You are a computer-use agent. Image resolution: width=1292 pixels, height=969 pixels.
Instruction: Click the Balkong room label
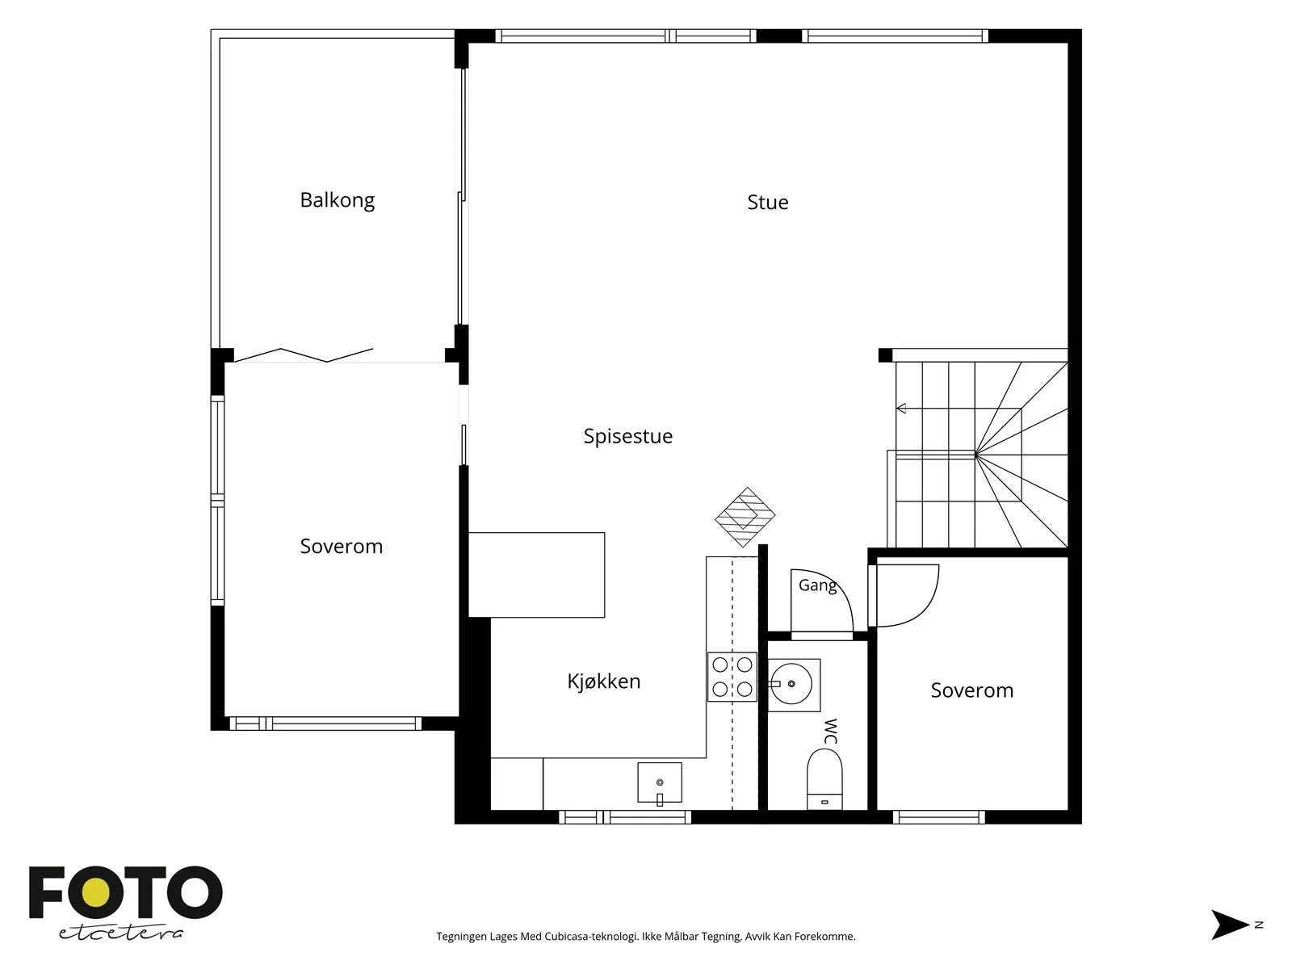point(338,200)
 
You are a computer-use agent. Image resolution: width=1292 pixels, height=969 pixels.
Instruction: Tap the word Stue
point(768,203)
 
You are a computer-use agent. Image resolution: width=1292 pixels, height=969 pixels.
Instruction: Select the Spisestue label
point(628,436)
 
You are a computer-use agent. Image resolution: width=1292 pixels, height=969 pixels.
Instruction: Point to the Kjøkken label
point(603,682)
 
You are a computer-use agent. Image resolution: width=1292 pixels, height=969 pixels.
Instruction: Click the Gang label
point(817,585)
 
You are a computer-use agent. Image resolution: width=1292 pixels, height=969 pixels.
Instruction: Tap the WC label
point(831,731)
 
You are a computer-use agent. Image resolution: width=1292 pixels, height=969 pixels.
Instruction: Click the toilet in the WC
point(824,779)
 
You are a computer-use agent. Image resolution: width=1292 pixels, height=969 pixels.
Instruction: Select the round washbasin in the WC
point(791,684)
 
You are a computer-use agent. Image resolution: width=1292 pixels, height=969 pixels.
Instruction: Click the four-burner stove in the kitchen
point(732,677)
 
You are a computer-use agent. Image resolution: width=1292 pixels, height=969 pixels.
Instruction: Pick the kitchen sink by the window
point(660,782)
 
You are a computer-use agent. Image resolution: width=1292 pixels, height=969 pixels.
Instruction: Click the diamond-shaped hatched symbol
point(745,517)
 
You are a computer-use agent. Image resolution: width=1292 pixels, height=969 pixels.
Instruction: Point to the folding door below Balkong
point(304,354)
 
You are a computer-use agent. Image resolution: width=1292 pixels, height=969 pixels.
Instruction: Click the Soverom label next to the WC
point(971,690)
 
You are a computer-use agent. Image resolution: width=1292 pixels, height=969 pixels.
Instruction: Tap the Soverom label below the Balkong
point(342,547)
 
